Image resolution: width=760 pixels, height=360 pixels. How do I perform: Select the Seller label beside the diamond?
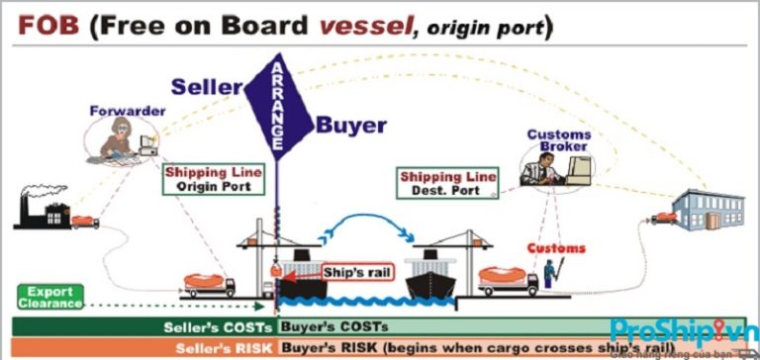click(x=207, y=87)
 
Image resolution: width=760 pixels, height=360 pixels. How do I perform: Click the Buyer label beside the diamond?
click(x=350, y=125)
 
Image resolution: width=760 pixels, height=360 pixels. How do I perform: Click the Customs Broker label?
click(x=558, y=141)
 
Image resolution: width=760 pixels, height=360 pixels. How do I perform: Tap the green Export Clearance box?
click(x=49, y=297)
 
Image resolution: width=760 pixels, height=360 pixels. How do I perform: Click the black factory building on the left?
click(x=41, y=211)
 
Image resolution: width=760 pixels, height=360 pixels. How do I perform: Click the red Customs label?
click(x=555, y=248)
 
